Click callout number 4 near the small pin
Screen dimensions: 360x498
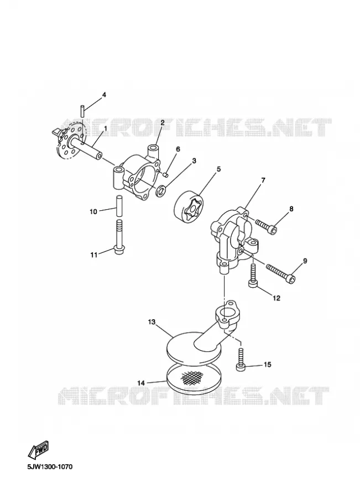click(x=103, y=95)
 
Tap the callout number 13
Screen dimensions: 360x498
click(x=152, y=321)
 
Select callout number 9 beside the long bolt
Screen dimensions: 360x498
click(x=305, y=261)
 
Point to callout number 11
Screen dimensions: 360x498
click(x=93, y=255)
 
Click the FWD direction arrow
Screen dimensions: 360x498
click(x=39, y=449)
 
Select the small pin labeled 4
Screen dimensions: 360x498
click(x=81, y=111)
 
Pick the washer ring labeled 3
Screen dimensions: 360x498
click(x=161, y=190)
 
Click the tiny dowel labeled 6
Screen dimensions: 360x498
click(x=165, y=174)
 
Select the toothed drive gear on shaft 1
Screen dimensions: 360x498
click(x=68, y=141)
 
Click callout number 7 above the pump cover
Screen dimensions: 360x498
click(x=263, y=180)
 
